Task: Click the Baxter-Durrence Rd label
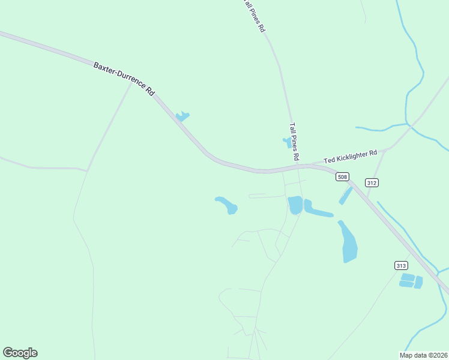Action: point(124,79)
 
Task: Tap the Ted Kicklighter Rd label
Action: point(351,157)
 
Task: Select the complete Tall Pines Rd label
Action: point(294,142)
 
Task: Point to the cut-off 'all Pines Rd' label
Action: point(254,16)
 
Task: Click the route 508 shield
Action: point(342,176)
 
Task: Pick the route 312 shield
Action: point(372,182)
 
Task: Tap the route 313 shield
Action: point(402,265)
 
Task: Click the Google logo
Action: point(20,353)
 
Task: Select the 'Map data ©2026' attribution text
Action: point(423,355)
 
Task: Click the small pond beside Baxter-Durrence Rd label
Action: point(182,116)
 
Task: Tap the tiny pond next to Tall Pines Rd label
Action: point(288,142)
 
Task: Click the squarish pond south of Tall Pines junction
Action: point(295,205)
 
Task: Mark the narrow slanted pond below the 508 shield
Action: point(346,195)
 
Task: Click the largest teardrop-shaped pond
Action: point(349,243)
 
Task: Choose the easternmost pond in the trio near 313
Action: point(418,282)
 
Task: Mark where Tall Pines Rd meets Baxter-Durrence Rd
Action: point(298,166)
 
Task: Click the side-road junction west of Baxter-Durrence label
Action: point(131,82)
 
